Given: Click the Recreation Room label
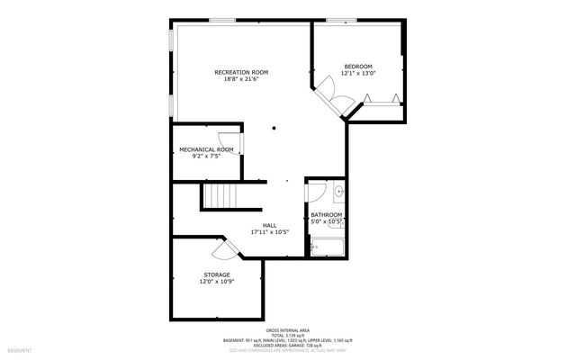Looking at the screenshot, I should [240, 72].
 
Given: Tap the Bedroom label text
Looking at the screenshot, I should [357, 66].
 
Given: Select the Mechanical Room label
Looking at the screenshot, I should [206, 149].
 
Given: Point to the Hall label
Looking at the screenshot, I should [269, 225].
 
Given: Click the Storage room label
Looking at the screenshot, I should [216, 274].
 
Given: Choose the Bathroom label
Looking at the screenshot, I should [326, 215].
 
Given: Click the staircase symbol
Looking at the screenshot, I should [220, 195].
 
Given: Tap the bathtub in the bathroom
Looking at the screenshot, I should [328, 245].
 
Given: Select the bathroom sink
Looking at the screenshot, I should [338, 191].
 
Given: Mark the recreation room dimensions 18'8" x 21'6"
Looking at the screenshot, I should [240, 79].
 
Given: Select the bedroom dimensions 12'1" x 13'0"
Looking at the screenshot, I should [357, 73].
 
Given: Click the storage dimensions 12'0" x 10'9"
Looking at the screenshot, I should [216, 282].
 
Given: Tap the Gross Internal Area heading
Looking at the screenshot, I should [288, 330].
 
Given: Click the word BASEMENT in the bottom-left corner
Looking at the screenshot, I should [20, 349].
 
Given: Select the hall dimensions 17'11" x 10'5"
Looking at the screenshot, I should [269, 232].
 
